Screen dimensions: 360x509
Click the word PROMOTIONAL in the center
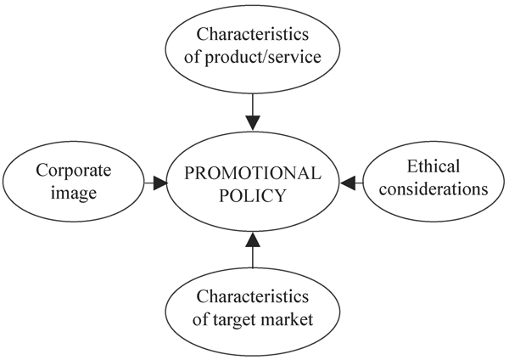coord(254,173)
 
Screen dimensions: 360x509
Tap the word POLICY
coord(254,196)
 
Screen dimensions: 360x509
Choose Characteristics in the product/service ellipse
coord(254,35)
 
